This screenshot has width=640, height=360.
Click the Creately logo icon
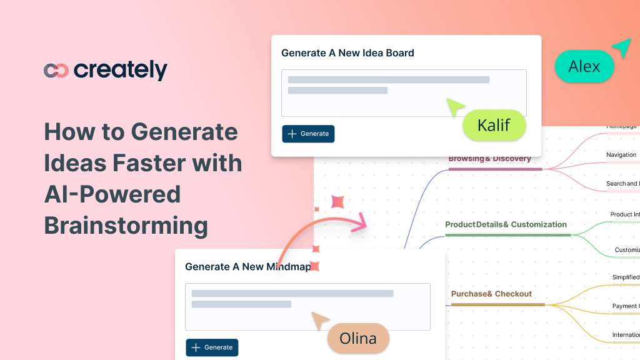(56, 71)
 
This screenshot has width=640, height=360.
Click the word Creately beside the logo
(121, 70)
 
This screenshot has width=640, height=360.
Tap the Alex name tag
(584, 66)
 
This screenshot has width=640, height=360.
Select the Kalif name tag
(494, 126)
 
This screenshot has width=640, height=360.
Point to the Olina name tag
(358, 338)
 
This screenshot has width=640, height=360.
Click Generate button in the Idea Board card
(308, 134)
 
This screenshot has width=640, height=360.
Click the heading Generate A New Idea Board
(347, 53)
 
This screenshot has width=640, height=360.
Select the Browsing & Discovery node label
(489, 159)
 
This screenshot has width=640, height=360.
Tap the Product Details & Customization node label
(506, 224)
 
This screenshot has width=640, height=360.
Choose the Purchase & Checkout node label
(491, 294)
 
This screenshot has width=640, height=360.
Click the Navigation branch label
(621, 154)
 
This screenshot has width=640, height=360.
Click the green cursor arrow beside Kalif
(454, 107)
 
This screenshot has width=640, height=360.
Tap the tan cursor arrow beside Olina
(320, 321)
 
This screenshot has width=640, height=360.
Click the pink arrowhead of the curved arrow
(359, 224)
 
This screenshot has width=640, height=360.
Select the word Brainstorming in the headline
(126, 225)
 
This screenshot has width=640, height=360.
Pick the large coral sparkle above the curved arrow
(338, 201)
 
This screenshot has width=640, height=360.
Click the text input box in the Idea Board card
(404, 93)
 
